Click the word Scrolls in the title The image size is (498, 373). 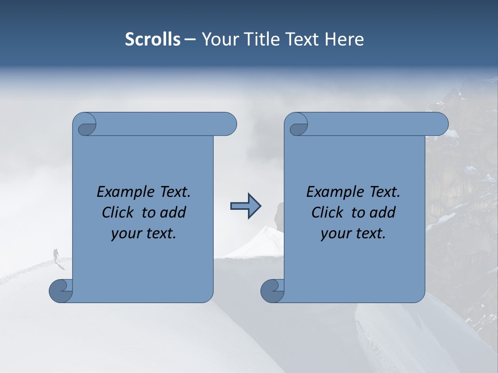click(153, 39)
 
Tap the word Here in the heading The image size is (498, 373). click(344, 39)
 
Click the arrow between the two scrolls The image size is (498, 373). click(245, 206)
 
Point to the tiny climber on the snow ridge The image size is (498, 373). click(56, 254)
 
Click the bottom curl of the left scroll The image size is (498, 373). click(61, 291)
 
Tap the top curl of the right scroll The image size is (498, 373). click(297, 125)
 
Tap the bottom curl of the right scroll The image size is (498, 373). click(272, 291)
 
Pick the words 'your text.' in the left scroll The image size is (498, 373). click(144, 233)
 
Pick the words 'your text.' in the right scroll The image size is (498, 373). click(353, 233)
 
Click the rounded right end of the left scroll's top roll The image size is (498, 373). click(228, 124)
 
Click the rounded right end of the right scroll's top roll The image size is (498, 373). click(440, 124)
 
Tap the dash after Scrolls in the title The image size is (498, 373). click(190, 40)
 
